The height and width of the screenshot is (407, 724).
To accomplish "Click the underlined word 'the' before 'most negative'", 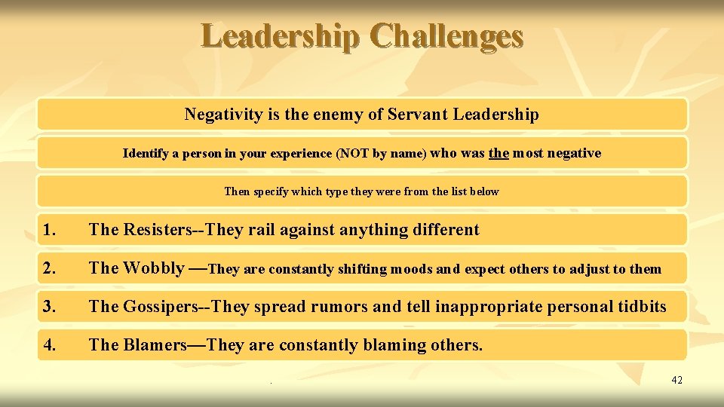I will [x=499, y=153].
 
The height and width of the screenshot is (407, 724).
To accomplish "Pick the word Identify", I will [x=146, y=154].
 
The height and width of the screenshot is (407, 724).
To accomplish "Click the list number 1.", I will [x=50, y=230].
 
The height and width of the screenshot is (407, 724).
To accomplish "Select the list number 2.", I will [x=50, y=268].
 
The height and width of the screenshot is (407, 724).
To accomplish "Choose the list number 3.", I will [x=50, y=307].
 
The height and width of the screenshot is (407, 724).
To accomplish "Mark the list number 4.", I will [x=50, y=345].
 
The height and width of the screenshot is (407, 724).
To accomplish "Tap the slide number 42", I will [x=676, y=380].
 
